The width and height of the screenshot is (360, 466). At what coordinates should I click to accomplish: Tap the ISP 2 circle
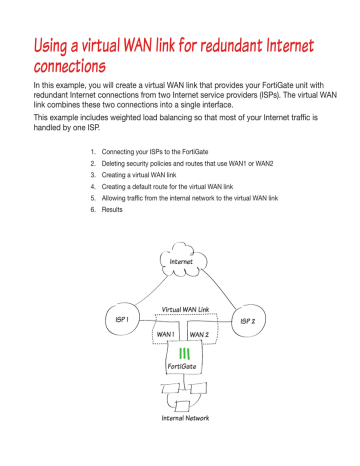[x=247, y=322]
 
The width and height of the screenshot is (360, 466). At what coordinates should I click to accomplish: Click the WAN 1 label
[x=166, y=335]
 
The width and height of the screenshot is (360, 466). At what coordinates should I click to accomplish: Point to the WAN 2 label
[x=199, y=335]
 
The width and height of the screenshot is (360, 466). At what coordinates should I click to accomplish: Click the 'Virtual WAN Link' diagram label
[x=183, y=312]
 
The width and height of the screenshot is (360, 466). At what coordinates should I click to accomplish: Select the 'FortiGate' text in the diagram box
[x=184, y=367]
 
